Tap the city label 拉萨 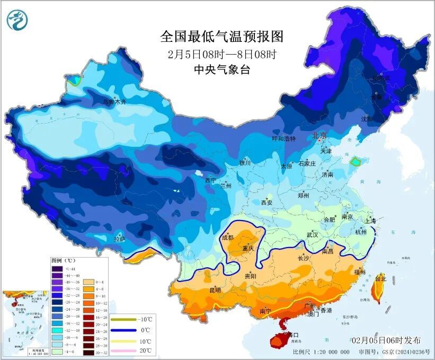[x=120, y=239]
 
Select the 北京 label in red [x=319, y=136]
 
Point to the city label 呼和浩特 [x=283, y=139]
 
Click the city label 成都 [x=227, y=238]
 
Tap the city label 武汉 [x=312, y=235]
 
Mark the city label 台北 [x=381, y=278]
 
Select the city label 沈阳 [x=367, y=119]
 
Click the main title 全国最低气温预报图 [x=222, y=37]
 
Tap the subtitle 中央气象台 [x=222, y=69]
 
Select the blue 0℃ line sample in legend [x=122, y=330]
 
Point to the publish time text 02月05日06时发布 [x=386, y=340]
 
